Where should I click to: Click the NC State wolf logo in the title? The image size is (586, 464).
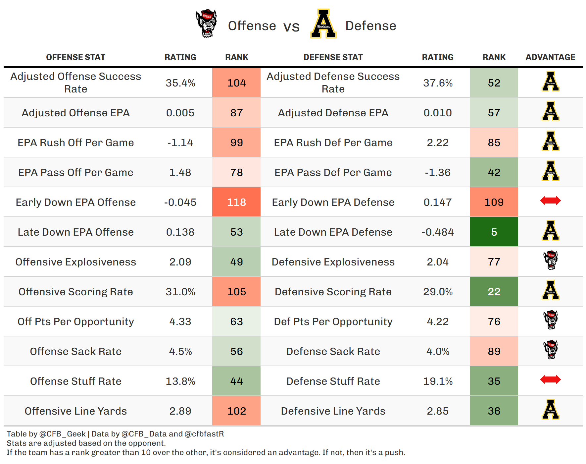206,24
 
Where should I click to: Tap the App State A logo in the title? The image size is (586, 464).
323,24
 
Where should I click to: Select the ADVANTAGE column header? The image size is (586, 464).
550,57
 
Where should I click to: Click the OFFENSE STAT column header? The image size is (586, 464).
75,57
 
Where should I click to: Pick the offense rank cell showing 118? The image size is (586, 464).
236,202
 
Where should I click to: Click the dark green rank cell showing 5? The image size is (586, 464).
494,232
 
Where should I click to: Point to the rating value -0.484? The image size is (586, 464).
438,232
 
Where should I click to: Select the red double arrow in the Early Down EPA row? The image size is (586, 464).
550,201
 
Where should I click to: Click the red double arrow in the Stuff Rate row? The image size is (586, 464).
550,379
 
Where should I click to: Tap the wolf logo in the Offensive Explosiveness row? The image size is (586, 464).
551,260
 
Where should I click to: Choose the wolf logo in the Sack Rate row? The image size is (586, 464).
551,350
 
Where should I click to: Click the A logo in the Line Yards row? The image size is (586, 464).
550,410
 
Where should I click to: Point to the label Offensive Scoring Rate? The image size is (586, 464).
76,292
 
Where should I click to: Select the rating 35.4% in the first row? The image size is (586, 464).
180,83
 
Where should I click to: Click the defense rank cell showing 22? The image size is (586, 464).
494,292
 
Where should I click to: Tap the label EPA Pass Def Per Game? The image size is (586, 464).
333,172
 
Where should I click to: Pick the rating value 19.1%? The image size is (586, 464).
438,381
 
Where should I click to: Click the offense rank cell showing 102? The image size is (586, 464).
236,411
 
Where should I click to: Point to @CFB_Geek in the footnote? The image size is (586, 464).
63,434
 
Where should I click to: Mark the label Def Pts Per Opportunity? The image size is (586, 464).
333,321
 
